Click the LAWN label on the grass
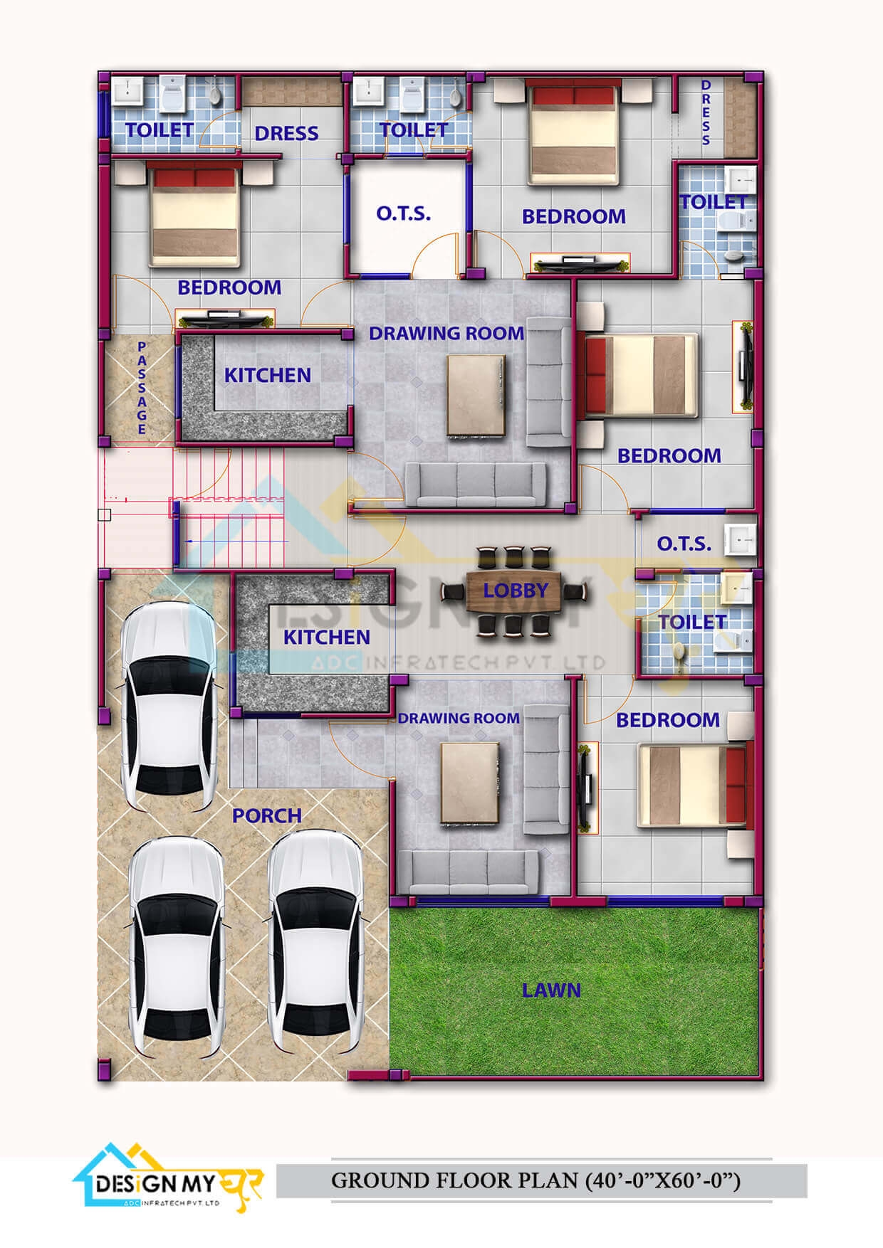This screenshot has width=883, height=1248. tap(551, 990)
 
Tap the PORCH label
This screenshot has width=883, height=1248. tap(267, 815)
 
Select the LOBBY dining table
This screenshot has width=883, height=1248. tap(514, 591)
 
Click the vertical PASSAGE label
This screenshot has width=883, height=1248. tap(142, 388)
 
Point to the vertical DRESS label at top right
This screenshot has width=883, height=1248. tap(706, 112)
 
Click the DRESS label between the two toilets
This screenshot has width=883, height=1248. tap(286, 133)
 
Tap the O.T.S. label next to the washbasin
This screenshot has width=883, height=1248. tap(684, 544)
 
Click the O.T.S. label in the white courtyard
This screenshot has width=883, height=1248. tap(404, 213)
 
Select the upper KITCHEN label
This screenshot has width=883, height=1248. tap(268, 375)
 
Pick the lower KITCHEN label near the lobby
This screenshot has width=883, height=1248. tap(327, 637)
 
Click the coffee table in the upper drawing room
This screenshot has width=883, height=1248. tap(476, 395)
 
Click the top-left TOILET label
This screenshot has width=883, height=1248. tap(160, 130)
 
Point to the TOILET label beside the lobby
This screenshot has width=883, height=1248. tap(692, 622)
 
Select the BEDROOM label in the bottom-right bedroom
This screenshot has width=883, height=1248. tap(667, 720)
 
